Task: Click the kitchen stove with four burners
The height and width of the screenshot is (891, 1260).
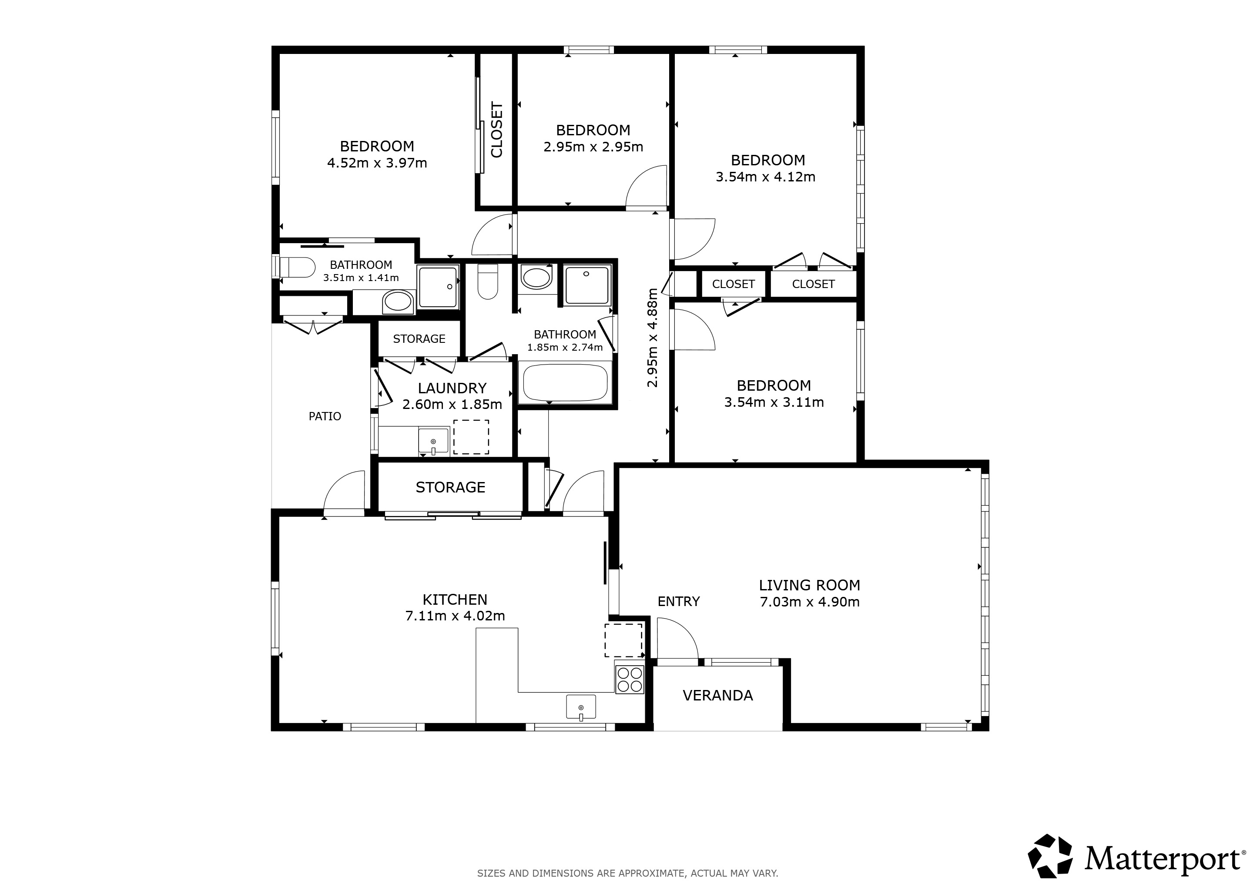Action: (630, 679)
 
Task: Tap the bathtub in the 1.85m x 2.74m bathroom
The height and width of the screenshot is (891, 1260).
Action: (565, 383)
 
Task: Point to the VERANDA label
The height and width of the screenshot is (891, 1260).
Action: (718, 696)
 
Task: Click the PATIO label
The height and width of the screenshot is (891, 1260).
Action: (325, 416)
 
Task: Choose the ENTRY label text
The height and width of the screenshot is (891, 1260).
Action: (679, 601)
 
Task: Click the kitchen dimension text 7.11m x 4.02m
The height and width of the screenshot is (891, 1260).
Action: (455, 616)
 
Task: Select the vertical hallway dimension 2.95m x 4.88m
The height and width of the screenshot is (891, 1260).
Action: (652, 338)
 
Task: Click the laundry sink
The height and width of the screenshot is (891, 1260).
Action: (433, 442)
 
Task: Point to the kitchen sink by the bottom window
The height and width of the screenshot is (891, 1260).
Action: (580, 707)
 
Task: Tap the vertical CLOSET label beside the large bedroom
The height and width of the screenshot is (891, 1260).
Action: (496, 130)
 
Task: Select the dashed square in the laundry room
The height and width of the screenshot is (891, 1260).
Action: (471, 437)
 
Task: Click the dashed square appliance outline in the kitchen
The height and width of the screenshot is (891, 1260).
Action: (623, 640)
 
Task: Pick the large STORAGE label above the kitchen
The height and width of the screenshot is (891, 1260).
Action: (451, 487)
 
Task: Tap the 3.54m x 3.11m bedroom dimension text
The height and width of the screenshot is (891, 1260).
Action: (774, 402)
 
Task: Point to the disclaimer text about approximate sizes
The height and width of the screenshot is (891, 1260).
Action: (628, 873)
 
